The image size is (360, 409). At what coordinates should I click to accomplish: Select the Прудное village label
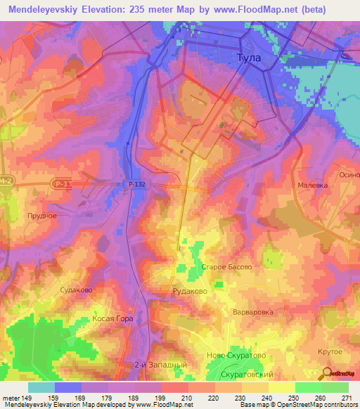tap(41, 216)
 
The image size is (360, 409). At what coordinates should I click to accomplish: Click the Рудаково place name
tap(190, 290)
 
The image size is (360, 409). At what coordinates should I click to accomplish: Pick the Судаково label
tap(77, 290)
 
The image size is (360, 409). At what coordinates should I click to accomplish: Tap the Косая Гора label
tap(112, 318)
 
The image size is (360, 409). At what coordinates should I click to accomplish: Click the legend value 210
tap(174, 398)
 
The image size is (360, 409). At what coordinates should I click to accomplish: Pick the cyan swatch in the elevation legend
tap(41, 387)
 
